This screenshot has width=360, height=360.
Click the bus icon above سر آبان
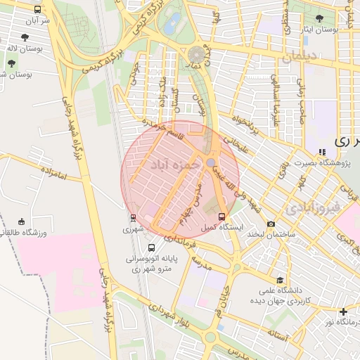(37, 9)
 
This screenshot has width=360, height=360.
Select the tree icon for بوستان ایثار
(320, 18)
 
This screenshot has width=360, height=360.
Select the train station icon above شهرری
(133, 217)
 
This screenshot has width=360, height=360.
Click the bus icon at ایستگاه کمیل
(222, 216)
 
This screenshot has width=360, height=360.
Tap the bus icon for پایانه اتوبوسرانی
(152, 247)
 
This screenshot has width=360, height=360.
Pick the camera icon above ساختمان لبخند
(271, 224)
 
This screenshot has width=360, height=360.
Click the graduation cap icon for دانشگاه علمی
(281, 280)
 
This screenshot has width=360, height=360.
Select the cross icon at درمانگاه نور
(342, 311)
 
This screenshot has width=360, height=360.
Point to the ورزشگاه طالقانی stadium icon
(21, 221)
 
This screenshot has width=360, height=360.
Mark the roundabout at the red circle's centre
(211, 163)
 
